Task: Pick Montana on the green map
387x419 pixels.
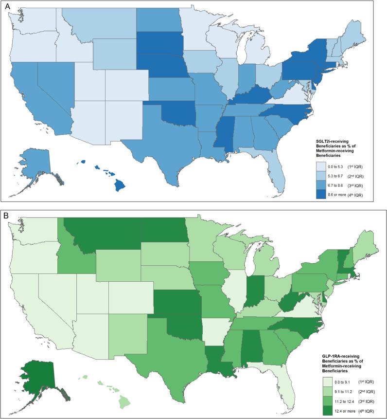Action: point(100,231)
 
